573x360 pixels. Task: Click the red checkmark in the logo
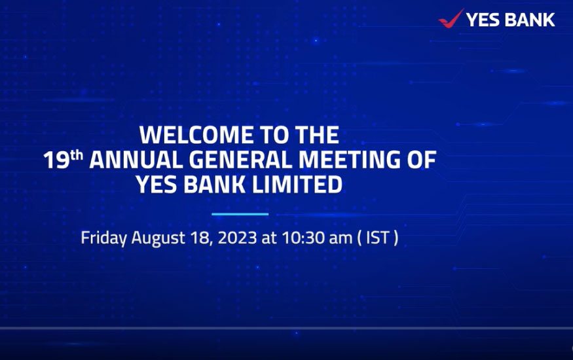click(451, 18)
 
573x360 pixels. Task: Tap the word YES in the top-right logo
click(483, 20)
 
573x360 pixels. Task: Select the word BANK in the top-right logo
click(530, 20)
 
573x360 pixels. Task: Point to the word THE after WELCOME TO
click(317, 135)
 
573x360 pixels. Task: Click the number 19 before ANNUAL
click(56, 160)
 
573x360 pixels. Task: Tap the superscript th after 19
click(77, 155)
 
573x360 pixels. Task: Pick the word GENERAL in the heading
click(240, 160)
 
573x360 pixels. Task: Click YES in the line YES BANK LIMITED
click(157, 185)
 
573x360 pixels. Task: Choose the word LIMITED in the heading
click(297, 185)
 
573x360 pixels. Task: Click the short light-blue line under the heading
click(240, 214)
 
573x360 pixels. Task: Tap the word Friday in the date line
click(103, 238)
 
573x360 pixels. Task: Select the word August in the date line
click(158, 238)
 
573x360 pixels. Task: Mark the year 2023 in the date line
click(237, 238)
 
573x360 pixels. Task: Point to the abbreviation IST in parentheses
click(377, 238)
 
